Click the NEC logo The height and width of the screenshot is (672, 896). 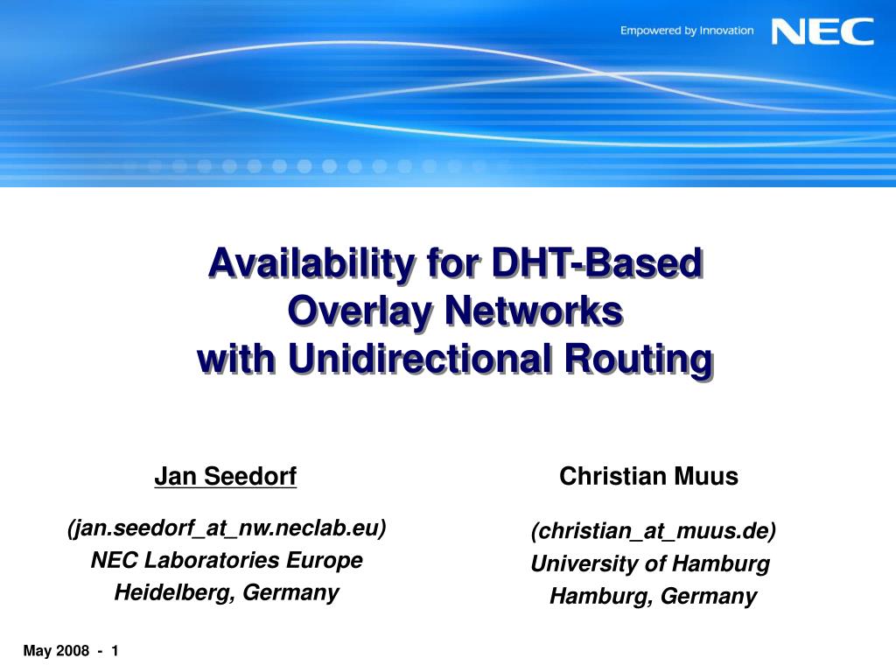(x=822, y=31)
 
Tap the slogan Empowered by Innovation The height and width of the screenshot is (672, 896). (x=687, y=31)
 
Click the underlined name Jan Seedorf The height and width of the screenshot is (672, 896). (x=226, y=476)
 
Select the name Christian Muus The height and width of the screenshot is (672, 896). (x=648, y=477)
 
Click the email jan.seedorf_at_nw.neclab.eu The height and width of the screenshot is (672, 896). (x=227, y=528)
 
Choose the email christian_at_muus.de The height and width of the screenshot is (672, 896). (x=653, y=531)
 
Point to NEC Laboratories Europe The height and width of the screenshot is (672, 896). (x=227, y=560)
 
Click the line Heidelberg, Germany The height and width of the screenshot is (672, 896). (x=227, y=592)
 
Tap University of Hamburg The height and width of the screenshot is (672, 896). (x=650, y=564)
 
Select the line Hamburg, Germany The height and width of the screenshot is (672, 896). (x=653, y=597)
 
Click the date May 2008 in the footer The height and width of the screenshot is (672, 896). (x=56, y=651)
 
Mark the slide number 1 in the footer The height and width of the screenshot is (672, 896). (x=115, y=651)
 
